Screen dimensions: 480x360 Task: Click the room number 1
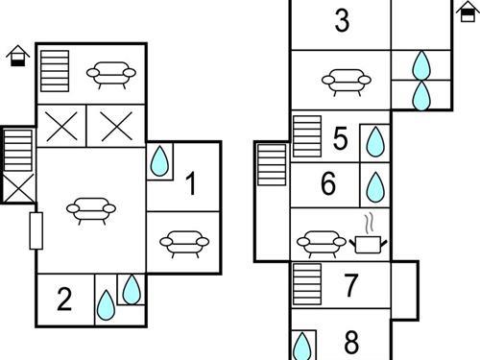pyautogui.click(x=191, y=183)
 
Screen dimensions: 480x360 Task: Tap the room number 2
pyautogui.click(x=64, y=299)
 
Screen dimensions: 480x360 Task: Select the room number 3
pyautogui.click(x=342, y=20)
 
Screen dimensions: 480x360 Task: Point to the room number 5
pyautogui.click(x=340, y=138)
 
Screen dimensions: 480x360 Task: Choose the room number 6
pyautogui.click(x=328, y=183)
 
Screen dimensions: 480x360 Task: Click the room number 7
pyautogui.click(x=351, y=285)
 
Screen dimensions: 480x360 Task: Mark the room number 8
pyautogui.click(x=351, y=342)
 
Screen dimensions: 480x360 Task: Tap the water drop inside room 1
pyautogui.click(x=159, y=161)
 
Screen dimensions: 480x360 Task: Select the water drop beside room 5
pyautogui.click(x=375, y=142)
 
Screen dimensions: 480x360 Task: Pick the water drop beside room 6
pyautogui.click(x=375, y=187)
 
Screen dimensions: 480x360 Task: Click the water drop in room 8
pyautogui.click(x=302, y=347)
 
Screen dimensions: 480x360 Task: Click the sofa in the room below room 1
pyautogui.click(x=184, y=244)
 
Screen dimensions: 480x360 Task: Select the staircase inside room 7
pyautogui.click(x=307, y=284)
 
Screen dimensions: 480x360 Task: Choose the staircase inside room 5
pyautogui.click(x=307, y=136)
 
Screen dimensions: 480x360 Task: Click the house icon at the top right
pyautogui.click(x=468, y=12)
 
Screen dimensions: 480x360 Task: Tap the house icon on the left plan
pyautogui.click(x=18, y=56)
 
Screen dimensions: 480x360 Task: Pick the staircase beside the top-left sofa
pyautogui.click(x=55, y=71)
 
